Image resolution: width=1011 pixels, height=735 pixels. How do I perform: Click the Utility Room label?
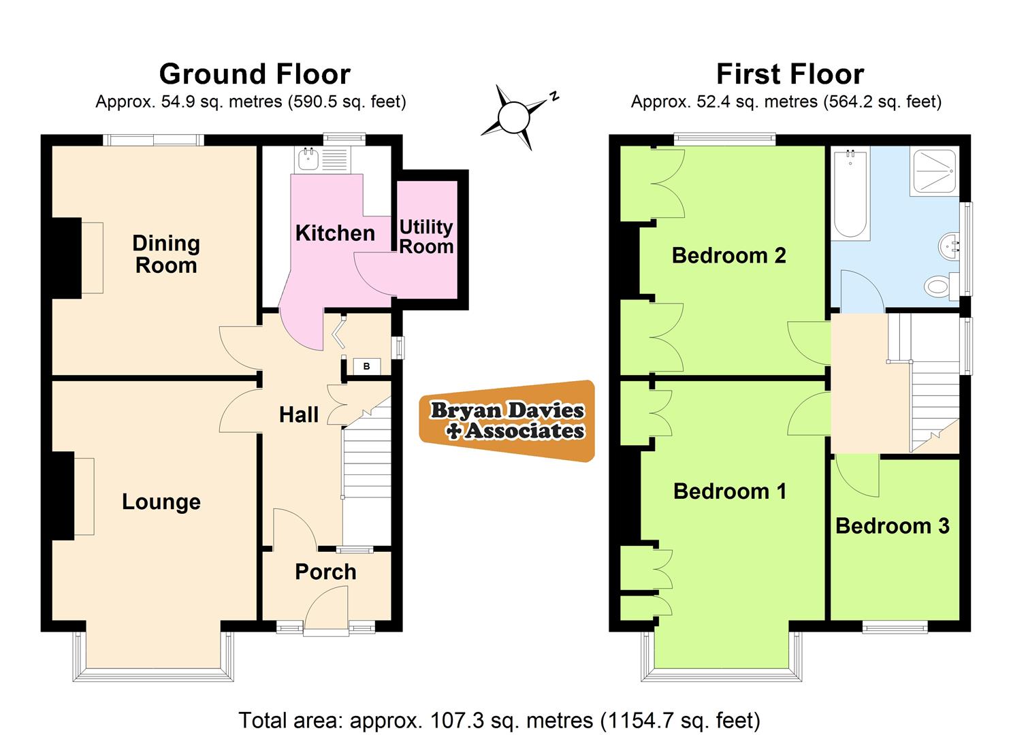coord(426,236)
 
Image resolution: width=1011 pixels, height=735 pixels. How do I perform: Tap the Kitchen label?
coord(335,233)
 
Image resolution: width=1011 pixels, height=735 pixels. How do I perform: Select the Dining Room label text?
coord(166,254)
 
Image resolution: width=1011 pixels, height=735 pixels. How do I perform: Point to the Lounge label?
coord(161,502)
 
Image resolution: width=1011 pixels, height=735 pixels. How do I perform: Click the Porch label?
coord(325,572)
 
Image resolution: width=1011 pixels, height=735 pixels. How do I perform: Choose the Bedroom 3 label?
coord(892,525)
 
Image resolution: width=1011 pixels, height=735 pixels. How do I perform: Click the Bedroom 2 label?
coord(728,255)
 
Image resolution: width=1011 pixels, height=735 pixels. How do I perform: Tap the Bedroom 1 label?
coord(730,491)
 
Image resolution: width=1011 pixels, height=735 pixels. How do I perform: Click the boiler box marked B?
coord(367,367)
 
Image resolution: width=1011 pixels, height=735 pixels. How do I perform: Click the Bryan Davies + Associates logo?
coord(507,421)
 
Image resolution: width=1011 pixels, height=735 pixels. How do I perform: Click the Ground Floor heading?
coord(255,73)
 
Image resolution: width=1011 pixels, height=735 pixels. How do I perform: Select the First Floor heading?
coord(790,73)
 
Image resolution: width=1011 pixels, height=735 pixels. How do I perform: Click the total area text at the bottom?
coord(499,719)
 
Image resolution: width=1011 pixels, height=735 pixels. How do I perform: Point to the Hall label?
coord(299,414)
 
